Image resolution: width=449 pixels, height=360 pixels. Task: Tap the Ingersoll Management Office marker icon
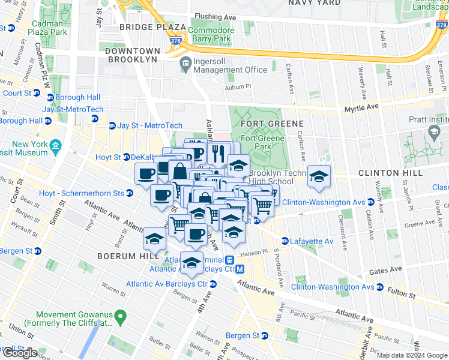(185, 63)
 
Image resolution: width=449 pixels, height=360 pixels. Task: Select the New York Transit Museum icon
(55, 146)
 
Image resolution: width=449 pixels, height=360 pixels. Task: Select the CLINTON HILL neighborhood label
(387, 173)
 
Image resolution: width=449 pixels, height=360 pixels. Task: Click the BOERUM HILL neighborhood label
(122, 256)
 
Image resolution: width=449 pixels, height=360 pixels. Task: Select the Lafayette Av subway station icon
(285, 241)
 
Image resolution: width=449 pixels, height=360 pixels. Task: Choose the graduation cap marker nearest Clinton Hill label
(319, 177)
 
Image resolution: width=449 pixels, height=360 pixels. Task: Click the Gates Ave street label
(385, 272)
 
